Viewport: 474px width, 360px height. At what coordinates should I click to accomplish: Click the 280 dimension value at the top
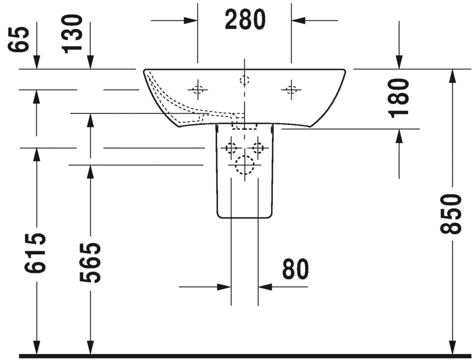pyautogui.click(x=244, y=20)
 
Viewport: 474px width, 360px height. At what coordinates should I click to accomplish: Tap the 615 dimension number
pyautogui.click(x=36, y=252)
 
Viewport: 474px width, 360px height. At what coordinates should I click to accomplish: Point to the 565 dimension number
pyautogui.click(x=89, y=262)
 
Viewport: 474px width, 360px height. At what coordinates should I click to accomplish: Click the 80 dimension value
pyautogui.click(x=295, y=270)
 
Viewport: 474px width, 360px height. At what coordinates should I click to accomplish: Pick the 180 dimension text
pyautogui.click(x=400, y=97)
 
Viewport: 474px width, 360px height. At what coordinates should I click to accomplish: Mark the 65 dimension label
pyautogui.click(x=20, y=39)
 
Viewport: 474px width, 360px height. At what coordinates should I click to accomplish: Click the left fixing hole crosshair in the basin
pyautogui.click(x=197, y=89)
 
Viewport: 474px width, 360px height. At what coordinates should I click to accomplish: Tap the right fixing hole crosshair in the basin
pyautogui.click(x=291, y=89)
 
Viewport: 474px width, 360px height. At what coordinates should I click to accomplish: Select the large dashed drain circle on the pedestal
pyautogui.click(x=244, y=164)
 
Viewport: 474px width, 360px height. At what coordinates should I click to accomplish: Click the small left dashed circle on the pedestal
pyautogui.click(x=231, y=148)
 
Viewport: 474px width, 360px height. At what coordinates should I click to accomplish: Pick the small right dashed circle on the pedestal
pyautogui.click(x=258, y=148)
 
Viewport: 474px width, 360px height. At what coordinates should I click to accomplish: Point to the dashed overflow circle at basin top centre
pyautogui.click(x=244, y=79)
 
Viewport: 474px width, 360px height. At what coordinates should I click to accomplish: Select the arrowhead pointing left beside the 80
pyautogui.click(x=265, y=287)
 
